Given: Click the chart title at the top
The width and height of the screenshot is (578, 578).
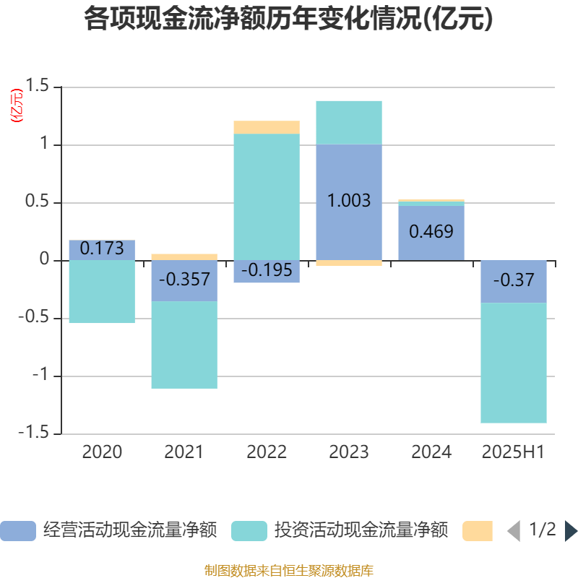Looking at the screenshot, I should click(x=288, y=20).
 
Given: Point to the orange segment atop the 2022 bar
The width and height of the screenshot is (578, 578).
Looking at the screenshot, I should click(x=267, y=127).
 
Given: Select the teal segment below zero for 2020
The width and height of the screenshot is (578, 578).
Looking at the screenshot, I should click(x=102, y=292).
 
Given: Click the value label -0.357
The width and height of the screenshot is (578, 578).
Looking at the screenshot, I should click(x=184, y=280).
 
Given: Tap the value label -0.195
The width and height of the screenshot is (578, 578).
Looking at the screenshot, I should click(x=267, y=271).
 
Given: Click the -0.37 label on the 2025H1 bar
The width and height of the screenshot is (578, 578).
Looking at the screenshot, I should click(x=514, y=280).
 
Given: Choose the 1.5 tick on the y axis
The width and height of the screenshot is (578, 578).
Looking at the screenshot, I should click(x=37, y=87).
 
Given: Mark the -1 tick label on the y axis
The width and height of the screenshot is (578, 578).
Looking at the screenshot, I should click(x=41, y=376).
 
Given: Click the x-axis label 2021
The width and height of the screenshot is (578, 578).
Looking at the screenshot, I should click(x=184, y=452).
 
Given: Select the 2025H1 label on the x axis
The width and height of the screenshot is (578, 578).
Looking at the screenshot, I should click(x=514, y=452).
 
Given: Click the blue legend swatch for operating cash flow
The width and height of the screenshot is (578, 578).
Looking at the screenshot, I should click(x=18, y=531).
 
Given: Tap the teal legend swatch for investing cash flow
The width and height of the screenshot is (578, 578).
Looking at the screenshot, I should click(x=249, y=531).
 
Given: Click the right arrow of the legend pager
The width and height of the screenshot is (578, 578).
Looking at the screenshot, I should click(x=571, y=531).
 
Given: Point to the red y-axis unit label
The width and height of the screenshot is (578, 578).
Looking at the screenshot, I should click(x=16, y=105).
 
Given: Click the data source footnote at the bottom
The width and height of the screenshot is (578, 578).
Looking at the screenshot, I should click(x=288, y=571).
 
